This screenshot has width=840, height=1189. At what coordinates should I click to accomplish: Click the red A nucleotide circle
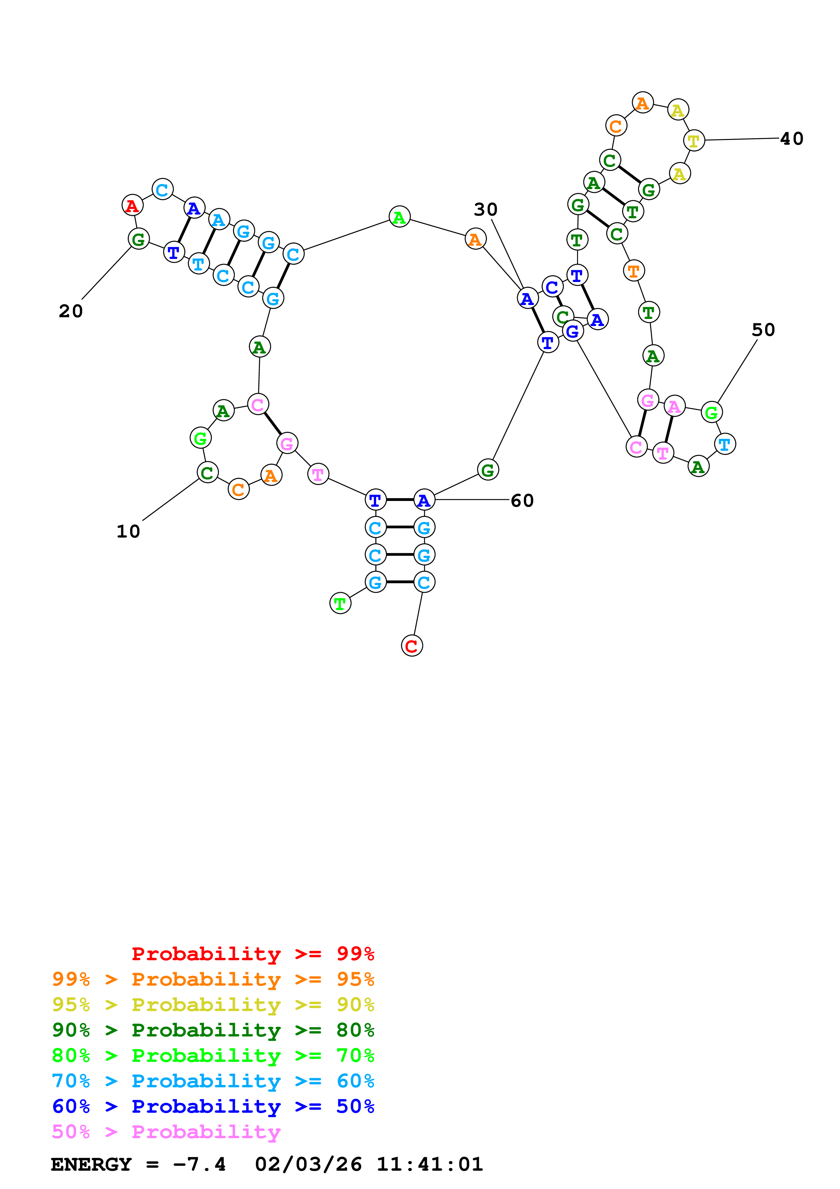pyautogui.click(x=132, y=206)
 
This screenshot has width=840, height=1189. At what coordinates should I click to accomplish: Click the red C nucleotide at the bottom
pyautogui.click(x=412, y=646)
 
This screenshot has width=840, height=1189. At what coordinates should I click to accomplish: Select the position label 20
pyautogui.click(x=71, y=311)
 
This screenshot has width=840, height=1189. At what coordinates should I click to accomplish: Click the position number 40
pyautogui.click(x=791, y=139)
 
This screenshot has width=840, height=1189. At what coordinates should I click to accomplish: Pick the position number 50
pyautogui.click(x=763, y=330)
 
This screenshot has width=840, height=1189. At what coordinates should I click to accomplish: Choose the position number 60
pyautogui.click(x=522, y=501)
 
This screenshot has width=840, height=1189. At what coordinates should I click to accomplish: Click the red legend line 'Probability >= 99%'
pyautogui.click(x=252, y=953)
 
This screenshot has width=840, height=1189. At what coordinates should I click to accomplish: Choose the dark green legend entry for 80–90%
pyautogui.click(x=213, y=1030)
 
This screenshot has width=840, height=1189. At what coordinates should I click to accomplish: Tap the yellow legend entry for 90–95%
pyautogui.click(x=213, y=1005)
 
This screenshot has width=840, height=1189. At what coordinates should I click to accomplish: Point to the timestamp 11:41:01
pyautogui.click(x=430, y=1164)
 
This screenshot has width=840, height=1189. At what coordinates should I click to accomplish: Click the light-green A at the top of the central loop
pyautogui.click(x=399, y=217)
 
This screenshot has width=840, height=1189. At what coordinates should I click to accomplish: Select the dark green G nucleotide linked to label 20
pyautogui.click(x=138, y=239)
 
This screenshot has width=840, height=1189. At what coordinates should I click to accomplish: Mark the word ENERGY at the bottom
pyautogui.click(x=91, y=1164)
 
